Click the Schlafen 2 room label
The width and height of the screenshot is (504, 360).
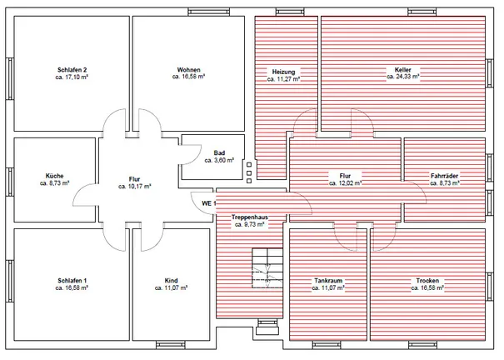pyautogui.click(x=72, y=70)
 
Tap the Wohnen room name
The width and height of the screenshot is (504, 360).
pyautogui.click(x=188, y=70)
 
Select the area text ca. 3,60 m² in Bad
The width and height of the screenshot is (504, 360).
pyautogui.click(x=219, y=160)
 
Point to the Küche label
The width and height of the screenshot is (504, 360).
pyautogui.click(x=55, y=176)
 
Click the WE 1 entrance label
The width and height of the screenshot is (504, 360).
pyautogui.click(x=208, y=203)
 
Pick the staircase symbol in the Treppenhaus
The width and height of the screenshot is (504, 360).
pyautogui.click(x=267, y=268)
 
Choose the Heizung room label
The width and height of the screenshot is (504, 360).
pyautogui.click(x=283, y=72)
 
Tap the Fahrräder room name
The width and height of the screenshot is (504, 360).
pyautogui.click(x=445, y=176)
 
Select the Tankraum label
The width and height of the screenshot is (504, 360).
pyautogui.click(x=328, y=281)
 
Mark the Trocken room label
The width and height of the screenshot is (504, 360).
pyautogui.click(x=427, y=281)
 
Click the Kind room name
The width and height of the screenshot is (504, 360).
pyautogui.click(x=171, y=281)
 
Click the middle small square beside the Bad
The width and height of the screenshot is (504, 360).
pyautogui.click(x=249, y=173)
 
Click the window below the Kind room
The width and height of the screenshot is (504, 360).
pyautogui.click(x=171, y=345)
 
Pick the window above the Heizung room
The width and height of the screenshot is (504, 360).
pyautogui.click(x=290, y=12)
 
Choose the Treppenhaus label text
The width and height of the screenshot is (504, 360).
pyautogui.click(x=250, y=217)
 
